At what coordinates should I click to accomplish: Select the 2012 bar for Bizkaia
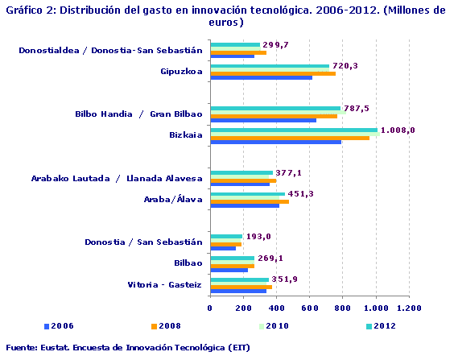tap(294, 129)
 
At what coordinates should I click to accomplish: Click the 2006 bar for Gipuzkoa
tap(261, 78)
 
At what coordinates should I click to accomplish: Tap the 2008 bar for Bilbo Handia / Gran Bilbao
tap(274, 116)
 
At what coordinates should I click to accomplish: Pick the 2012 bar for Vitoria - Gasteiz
tap(239, 279)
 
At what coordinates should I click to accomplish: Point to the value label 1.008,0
tap(398, 130)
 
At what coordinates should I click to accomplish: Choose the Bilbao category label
tap(188, 263)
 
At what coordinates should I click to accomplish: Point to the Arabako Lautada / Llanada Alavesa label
tap(117, 178)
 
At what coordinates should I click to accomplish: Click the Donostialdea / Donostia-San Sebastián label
tap(110, 50)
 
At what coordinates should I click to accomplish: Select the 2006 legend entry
tap(59, 326)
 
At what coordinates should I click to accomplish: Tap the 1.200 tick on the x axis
tap(409, 308)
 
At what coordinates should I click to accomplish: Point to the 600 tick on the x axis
tap(309, 308)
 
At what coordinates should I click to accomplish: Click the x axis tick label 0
tap(209, 308)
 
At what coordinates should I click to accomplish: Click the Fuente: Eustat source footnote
tap(126, 348)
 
